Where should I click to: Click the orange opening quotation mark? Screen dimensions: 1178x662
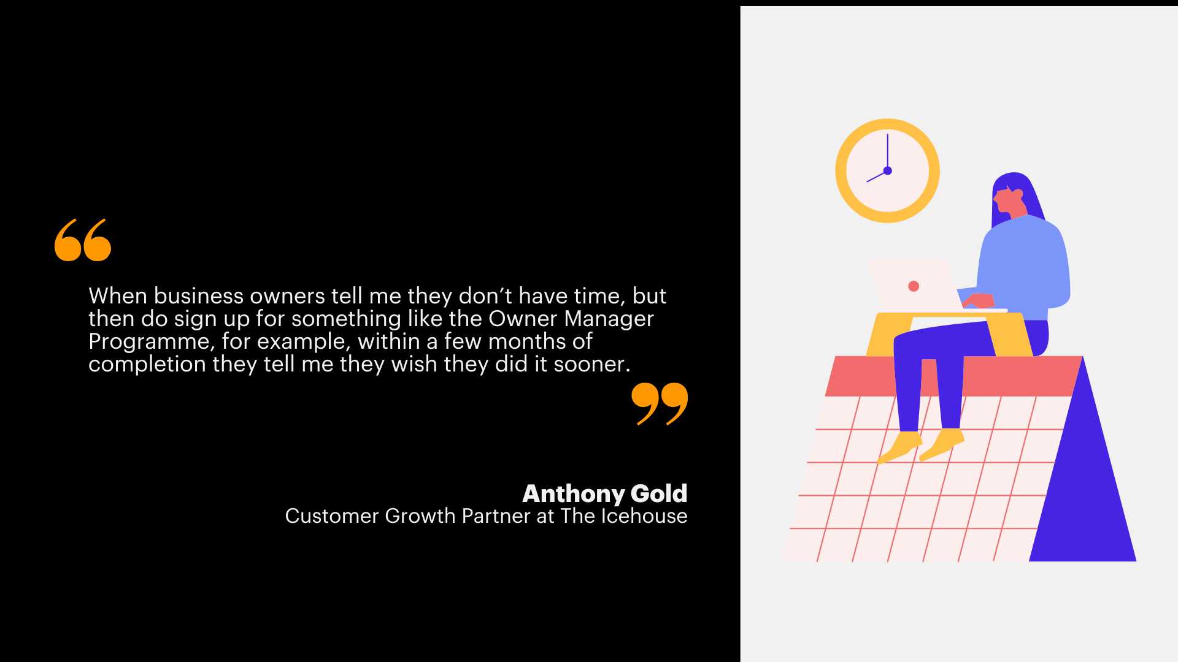(x=83, y=240)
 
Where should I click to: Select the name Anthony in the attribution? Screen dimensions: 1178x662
(x=574, y=493)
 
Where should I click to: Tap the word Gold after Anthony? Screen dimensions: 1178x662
(x=659, y=493)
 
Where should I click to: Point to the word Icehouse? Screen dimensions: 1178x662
(x=644, y=516)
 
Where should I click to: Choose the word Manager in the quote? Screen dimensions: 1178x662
(x=609, y=319)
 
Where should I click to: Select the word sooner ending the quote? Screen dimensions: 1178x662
(x=592, y=365)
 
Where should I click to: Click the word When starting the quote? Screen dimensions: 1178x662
(x=118, y=296)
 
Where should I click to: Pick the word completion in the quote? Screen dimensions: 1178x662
(x=147, y=365)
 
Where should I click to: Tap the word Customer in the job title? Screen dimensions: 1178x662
(x=332, y=516)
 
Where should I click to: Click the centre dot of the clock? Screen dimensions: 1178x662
(x=887, y=170)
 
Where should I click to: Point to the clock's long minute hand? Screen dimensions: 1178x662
(x=887, y=152)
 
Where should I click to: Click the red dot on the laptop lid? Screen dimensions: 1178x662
(x=914, y=286)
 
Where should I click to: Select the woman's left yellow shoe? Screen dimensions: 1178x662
(x=900, y=447)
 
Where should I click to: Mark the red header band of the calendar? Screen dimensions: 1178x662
(x=954, y=376)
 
